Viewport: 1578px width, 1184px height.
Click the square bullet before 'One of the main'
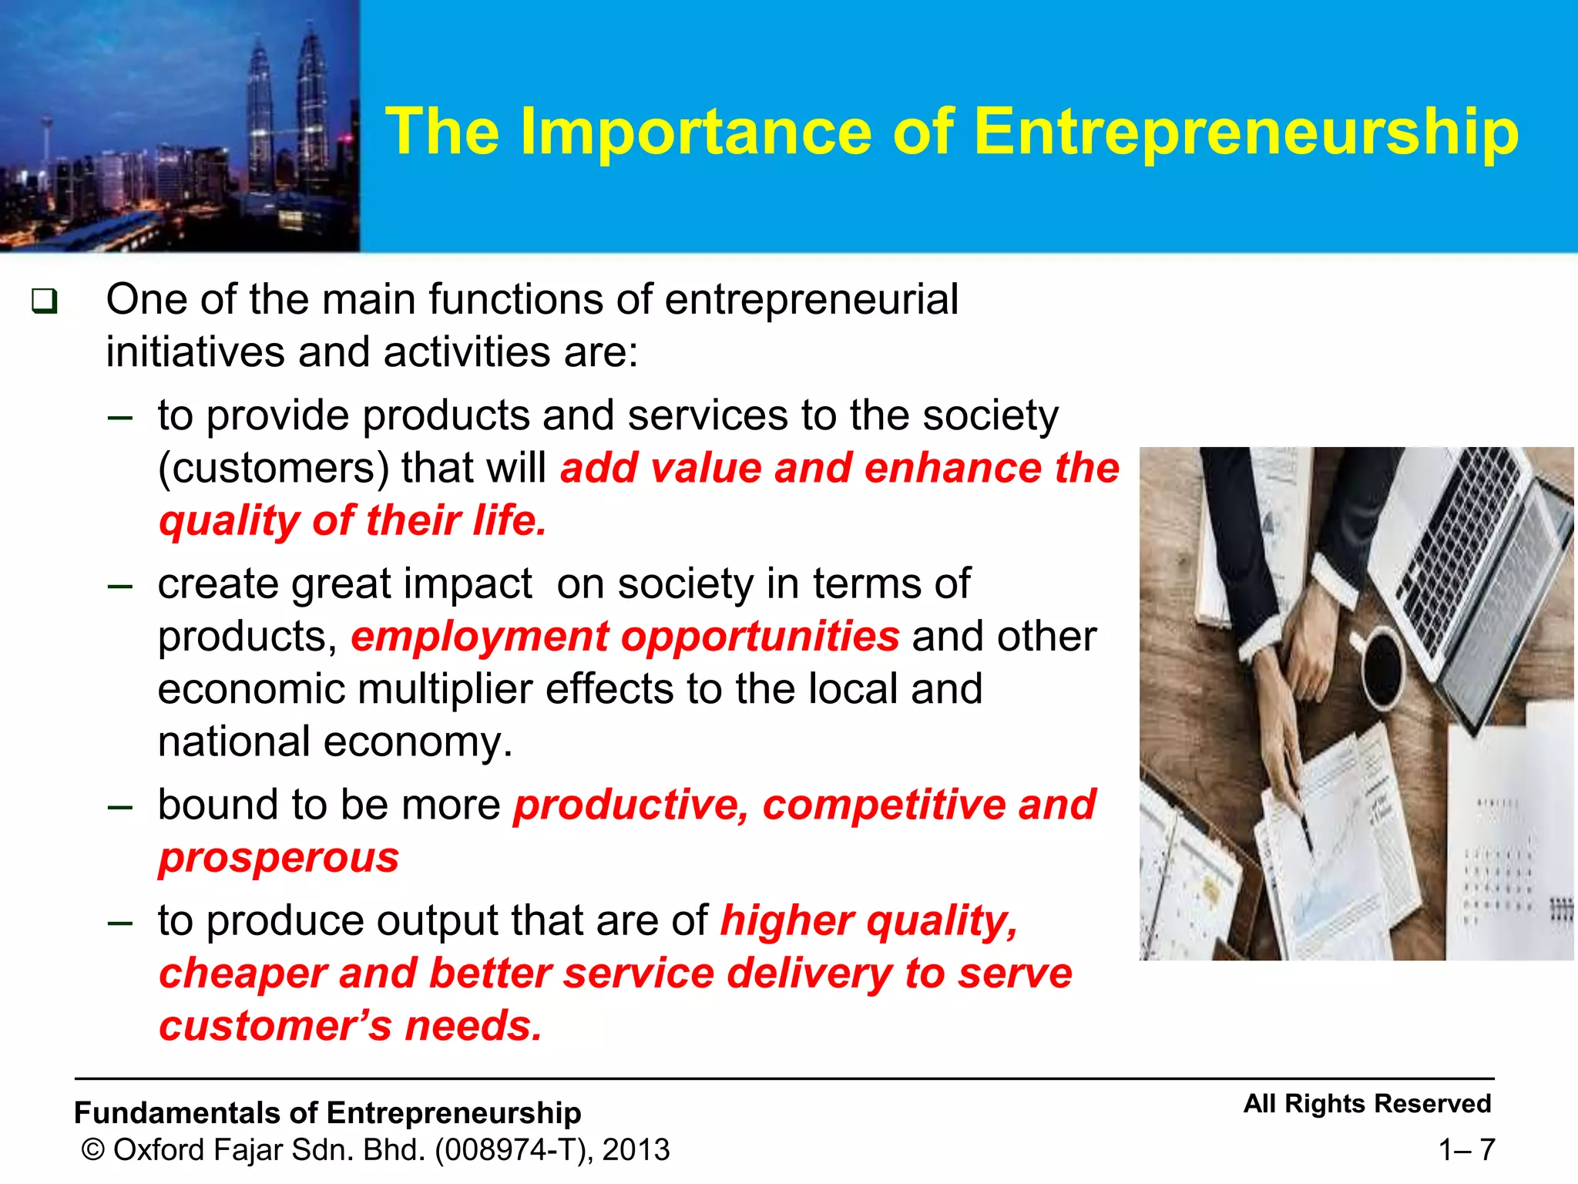[44, 301]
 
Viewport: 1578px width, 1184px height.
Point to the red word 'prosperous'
[279, 857]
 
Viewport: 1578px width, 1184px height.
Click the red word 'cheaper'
[243, 973]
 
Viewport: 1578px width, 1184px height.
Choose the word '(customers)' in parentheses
[273, 469]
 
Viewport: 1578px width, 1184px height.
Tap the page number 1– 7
[1466, 1150]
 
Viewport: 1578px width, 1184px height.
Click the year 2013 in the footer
[636, 1150]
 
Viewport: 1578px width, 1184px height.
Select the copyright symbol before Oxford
[92, 1150]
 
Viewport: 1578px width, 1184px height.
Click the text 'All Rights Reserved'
[1367, 1104]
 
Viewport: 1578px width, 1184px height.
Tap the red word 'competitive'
[884, 806]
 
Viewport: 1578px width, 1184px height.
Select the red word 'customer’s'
[275, 1027]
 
